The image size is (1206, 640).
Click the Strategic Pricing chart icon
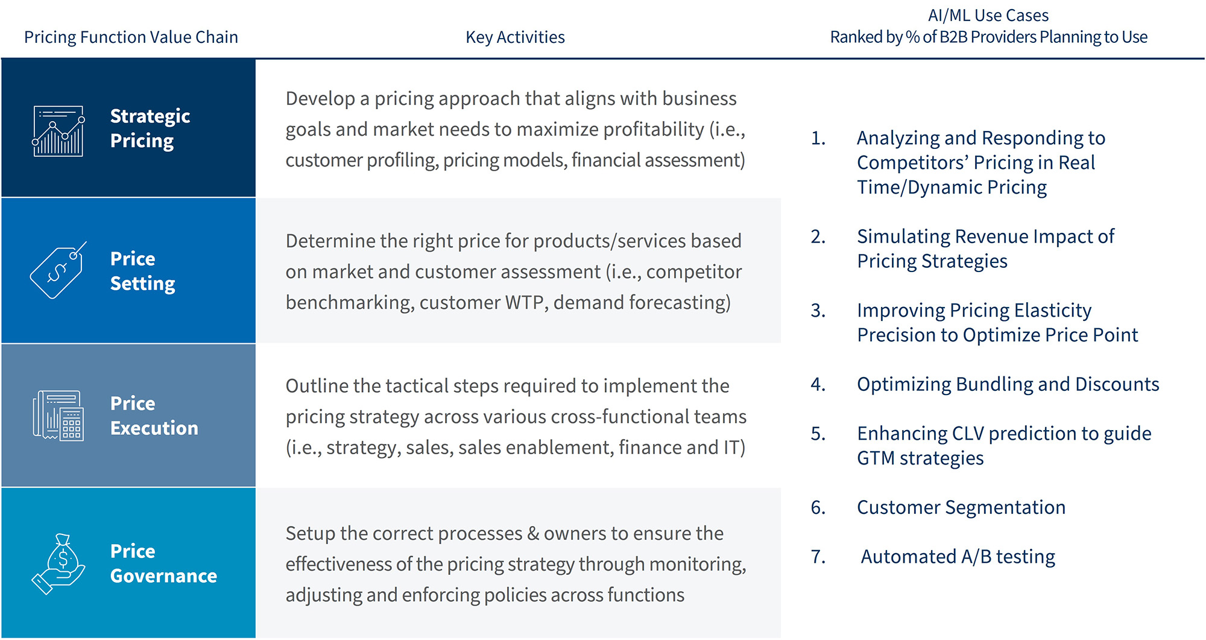click(58, 131)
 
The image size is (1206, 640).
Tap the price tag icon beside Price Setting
click(58, 271)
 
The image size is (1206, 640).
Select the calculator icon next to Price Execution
click(58, 416)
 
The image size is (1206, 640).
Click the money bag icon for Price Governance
click(58, 564)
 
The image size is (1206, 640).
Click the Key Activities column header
click(515, 37)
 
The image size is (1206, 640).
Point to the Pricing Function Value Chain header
click(131, 37)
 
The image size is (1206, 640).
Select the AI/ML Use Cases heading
click(988, 16)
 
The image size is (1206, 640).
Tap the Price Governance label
click(163, 563)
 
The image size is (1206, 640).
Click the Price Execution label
click(154, 416)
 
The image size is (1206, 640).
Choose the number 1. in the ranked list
click(818, 138)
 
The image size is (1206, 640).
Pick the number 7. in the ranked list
click(818, 556)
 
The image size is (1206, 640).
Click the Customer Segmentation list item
click(961, 507)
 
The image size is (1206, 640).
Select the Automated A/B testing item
click(958, 556)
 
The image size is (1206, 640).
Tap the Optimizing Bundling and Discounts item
click(1008, 384)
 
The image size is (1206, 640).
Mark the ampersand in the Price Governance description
click(533, 534)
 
